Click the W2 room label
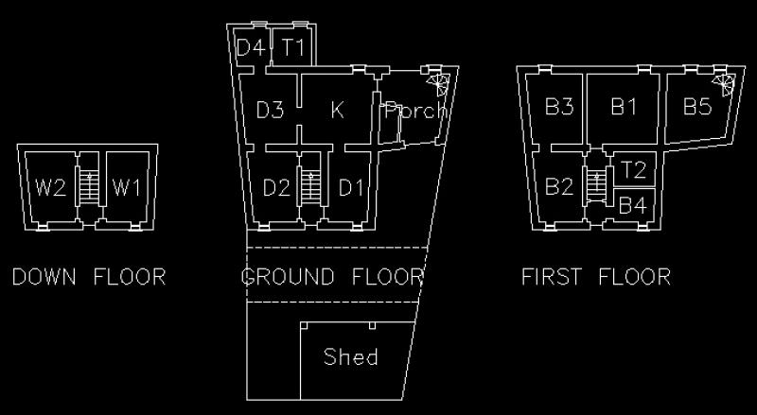click(x=50, y=187)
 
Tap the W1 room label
click(x=127, y=187)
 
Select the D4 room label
click(x=250, y=48)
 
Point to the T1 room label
click(x=293, y=48)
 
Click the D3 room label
click(x=270, y=111)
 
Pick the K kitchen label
click(x=338, y=111)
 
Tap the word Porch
click(x=416, y=112)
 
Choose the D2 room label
click(x=276, y=187)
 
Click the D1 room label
click(x=351, y=187)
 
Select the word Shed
click(x=351, y=356)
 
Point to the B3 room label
click(x=559, y=106)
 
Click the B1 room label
click(x=624, y=106)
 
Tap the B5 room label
click(x=697, y=106)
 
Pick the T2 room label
click(x=632, y=170)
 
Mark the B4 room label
click(x=632, y=205)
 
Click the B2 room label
click(x=559, y=186)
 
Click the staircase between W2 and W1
click(x=89, y=186)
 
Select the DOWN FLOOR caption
click(x=89, y=277)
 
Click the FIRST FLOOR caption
click(x=596, y=277)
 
